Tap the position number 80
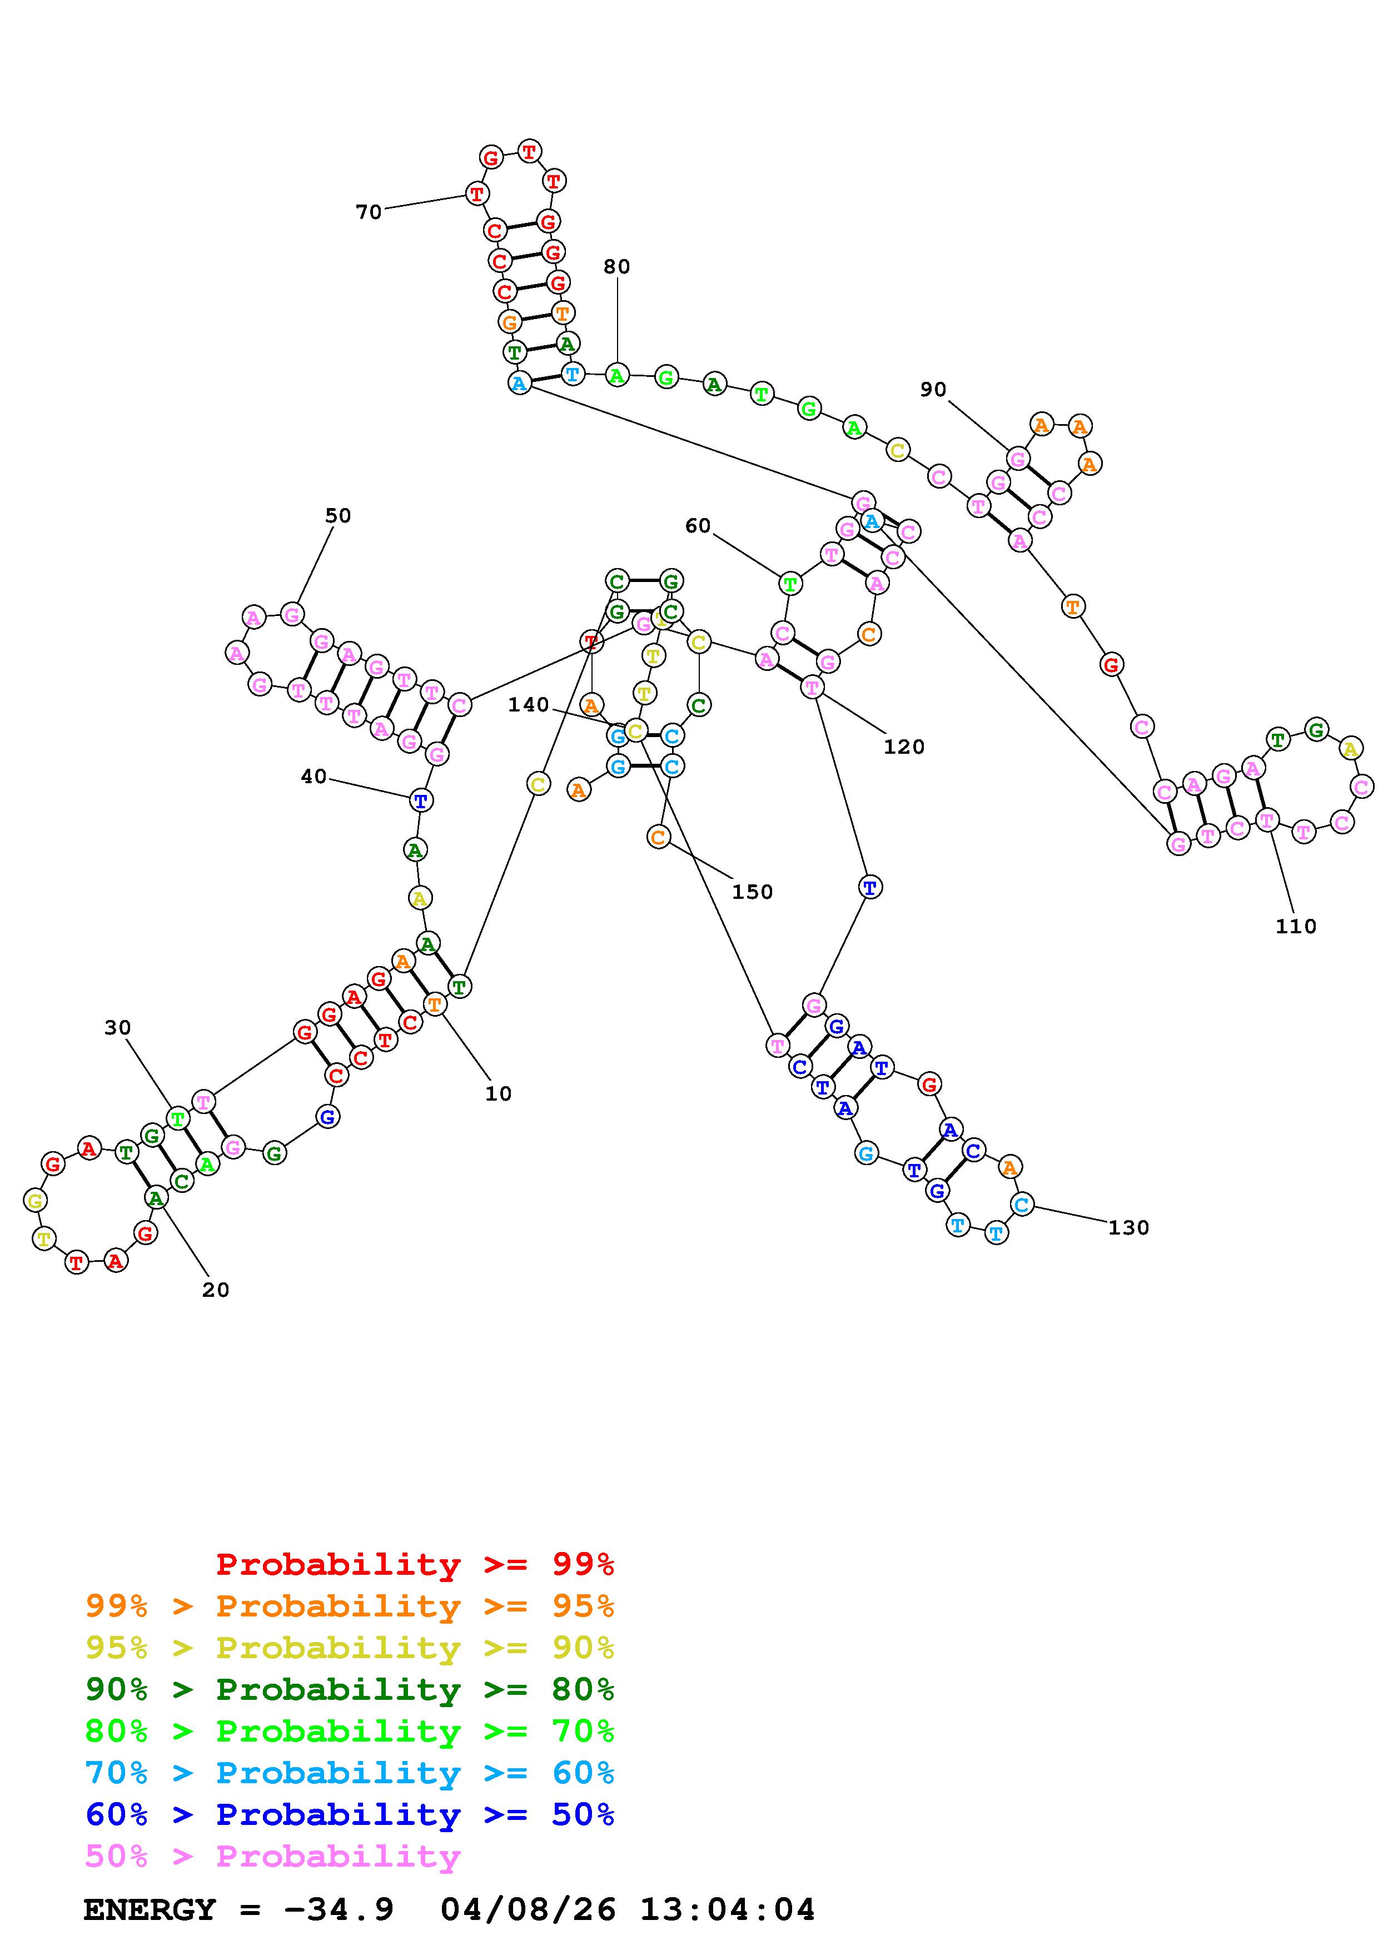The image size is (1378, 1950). pos(616,267)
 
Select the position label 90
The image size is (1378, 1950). pos(933,390)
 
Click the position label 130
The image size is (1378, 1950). pos(1128,1228)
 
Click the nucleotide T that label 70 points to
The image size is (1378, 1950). pos(476,193)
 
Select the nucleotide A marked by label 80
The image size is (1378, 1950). pos(617,375)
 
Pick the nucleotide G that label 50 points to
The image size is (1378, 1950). pos(292,614)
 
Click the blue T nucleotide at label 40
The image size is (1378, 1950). pos(420,800)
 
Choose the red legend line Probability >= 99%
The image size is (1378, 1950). pos(414,1564)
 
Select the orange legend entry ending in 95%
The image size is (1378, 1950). pos(350,1606)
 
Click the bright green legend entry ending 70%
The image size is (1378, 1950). pos(350,1731)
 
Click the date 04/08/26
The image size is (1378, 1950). pos(528,1910)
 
